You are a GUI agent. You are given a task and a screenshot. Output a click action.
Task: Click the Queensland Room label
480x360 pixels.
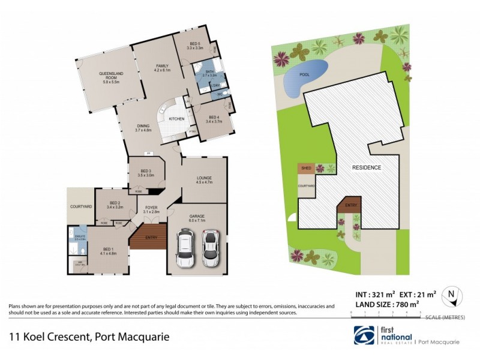coord(112,77)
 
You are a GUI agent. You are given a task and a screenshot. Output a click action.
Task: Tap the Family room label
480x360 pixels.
coord(163,68)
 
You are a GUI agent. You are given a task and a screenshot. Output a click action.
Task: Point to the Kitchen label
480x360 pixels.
coord(176,119)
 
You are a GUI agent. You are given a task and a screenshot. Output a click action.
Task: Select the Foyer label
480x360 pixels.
coord(151,210)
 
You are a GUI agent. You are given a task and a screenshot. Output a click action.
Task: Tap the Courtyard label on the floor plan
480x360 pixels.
coord(80,206)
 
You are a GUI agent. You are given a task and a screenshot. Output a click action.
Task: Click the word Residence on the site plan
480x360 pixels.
coord(366,167)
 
